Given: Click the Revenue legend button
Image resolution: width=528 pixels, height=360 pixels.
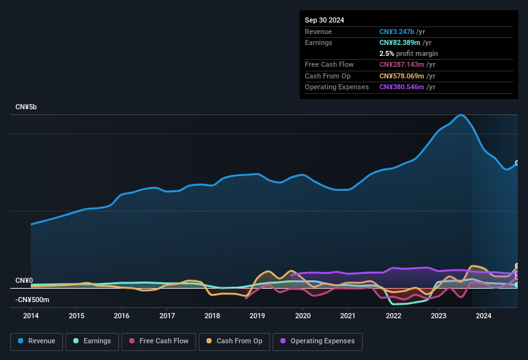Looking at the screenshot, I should click(x=37, y=341).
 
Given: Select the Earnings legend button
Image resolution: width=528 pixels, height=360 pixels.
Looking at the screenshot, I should click(x=93, y=341).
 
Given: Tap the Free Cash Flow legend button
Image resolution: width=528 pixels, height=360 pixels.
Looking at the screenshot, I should click(x=159, y=341).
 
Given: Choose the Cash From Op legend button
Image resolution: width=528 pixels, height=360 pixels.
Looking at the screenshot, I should click(x=234, y=341).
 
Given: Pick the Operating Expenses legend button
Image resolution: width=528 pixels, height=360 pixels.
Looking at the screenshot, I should click(x=318, y=341).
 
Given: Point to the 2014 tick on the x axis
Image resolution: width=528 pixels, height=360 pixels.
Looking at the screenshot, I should click(x=31, y=316).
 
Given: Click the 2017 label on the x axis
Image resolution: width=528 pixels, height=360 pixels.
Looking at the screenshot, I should click(x=167, y=316).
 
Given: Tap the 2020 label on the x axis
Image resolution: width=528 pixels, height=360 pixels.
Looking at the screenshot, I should click(x=303, y=316).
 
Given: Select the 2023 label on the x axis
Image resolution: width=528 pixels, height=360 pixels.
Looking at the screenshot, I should click(x=439, y=316).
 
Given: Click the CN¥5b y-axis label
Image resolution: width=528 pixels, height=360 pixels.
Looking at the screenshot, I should click(x=26, y=107).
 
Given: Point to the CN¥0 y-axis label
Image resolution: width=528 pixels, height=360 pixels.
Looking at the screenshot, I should click(x=24, y=280).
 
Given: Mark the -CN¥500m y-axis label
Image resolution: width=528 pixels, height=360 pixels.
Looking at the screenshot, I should click(x=32, y=300).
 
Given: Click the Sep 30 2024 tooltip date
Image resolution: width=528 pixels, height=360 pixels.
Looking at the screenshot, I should click(x=325, y=20).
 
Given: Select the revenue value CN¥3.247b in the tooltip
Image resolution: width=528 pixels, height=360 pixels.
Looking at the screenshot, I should click(x=397, y=32).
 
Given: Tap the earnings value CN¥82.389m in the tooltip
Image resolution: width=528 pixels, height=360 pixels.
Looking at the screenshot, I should click(x=401, y=42).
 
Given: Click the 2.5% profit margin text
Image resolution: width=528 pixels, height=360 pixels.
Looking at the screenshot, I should click(x=408, y=53).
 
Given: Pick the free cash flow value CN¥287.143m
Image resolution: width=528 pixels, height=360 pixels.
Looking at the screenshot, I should click(x=403, y=64).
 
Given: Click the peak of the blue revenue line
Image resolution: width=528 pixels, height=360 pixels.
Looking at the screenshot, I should click(x=461, y=115).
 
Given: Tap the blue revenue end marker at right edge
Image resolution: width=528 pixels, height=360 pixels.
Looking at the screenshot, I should click(x=517, y=163).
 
